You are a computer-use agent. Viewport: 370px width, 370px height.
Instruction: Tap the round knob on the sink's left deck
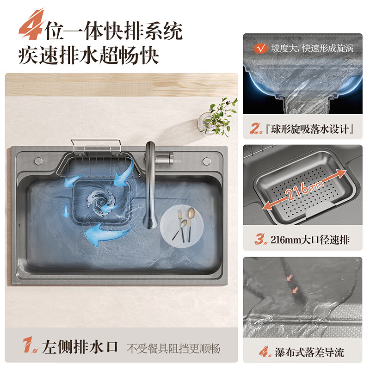pyautogui.click(x=37, y=161)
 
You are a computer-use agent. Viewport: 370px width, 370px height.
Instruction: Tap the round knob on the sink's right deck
pyautogui.click(x=205, y=161)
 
